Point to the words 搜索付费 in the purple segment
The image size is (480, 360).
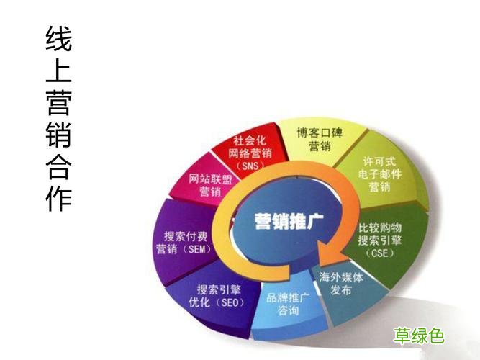pos(183,235)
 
